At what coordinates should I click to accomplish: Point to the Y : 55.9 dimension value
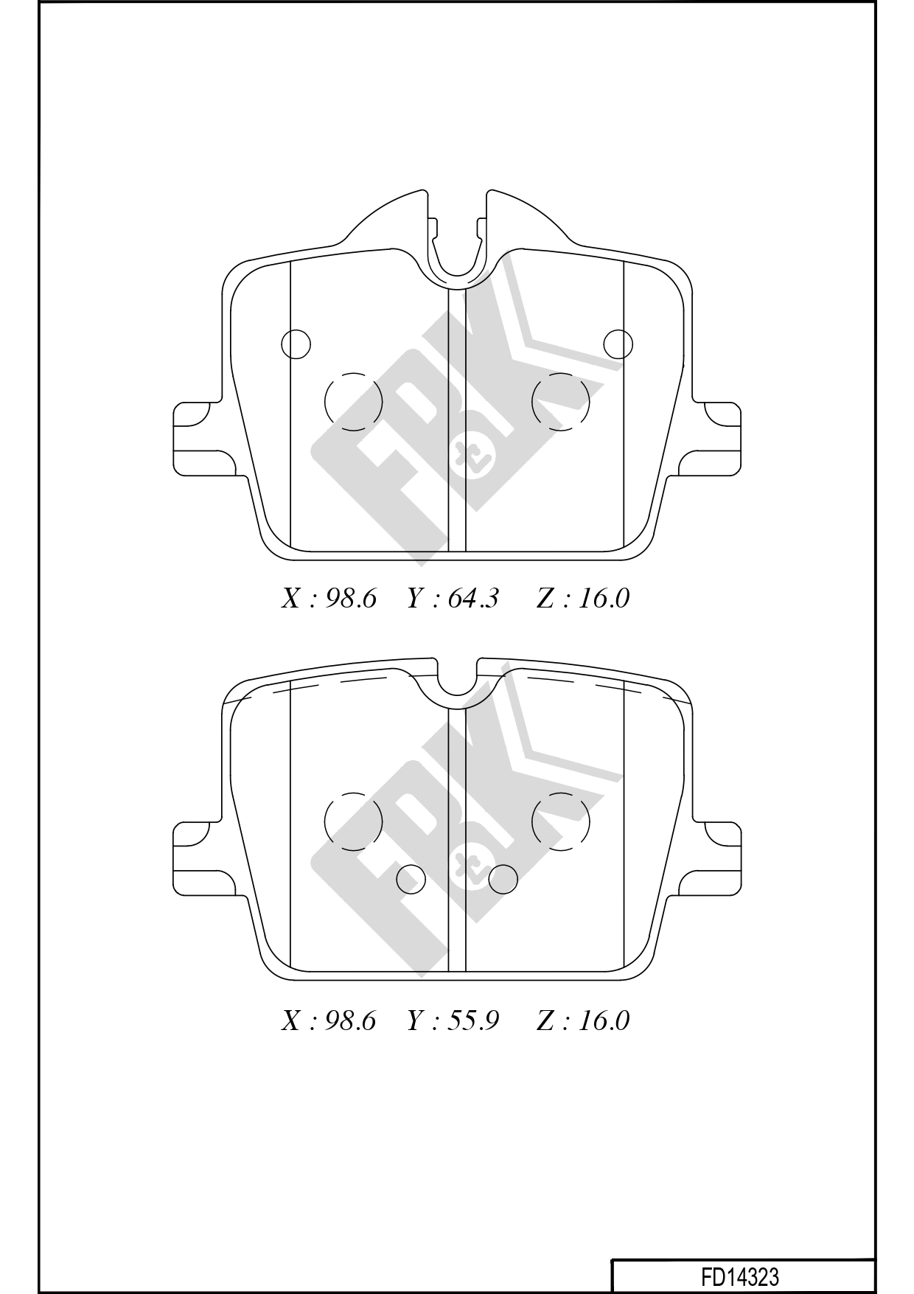point(453,1020)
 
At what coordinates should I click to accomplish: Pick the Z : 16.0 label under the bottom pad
point(582,1020)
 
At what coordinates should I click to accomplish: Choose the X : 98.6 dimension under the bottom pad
point(329,1020)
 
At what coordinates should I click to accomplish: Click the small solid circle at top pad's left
point(296,344)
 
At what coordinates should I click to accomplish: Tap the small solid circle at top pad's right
point(618,344)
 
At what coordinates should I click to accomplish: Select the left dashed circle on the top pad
point(354,402)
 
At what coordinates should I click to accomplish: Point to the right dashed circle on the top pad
point(561,402)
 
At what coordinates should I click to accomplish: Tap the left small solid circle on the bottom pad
point(411,878)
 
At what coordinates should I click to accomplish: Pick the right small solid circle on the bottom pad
point(503,878)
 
